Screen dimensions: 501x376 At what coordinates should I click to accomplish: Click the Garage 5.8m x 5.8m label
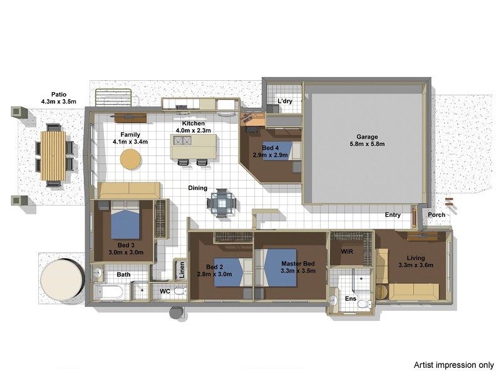click(x=367, y=140)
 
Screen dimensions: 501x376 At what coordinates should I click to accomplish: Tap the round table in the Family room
click(x=130, y=159)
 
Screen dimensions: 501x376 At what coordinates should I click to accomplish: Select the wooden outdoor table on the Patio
click(x=53, y=155)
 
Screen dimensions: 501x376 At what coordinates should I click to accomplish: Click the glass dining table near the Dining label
click(x=222, y=203)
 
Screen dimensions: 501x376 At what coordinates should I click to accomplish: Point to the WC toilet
click(x=180, y=291)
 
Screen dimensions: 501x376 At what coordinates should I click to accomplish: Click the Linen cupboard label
click(x=182, y=270)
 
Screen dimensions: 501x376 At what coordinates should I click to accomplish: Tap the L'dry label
click(x=285, y=101)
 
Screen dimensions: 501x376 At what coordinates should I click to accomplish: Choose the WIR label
click(x=347, y=252)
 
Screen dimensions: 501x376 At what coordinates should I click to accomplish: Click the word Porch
click(x=436, y=215)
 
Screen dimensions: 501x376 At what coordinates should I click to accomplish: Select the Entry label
click(x=393, y=215)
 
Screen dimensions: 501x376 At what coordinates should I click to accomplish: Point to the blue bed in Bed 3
click(x=125, y=220)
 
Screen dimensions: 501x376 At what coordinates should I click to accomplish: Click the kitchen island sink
click(x=182, y=140)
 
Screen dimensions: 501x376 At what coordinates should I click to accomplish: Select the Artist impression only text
click(x=453, y=365)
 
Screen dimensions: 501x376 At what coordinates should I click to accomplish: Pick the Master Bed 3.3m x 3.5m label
click(x=298, y=268)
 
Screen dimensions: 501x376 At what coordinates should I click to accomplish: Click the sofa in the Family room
click(x=129, y=191)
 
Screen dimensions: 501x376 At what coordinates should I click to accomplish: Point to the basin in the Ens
click(x=333, y=300)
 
